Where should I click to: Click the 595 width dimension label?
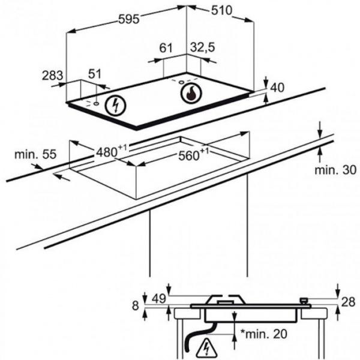(x=129, y=19)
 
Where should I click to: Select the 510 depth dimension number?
(x=221, y=10)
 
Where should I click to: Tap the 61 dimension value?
(x=166, y=48)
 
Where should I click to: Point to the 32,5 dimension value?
(x=203, y=48)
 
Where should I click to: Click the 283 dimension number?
(x=52, y=76)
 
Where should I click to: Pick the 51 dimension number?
(x=95, y=74)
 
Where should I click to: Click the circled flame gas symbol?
(x=191, y=94)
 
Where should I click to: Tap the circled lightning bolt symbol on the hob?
(x=115, y=106)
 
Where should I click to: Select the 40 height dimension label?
(x=277, y=88)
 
